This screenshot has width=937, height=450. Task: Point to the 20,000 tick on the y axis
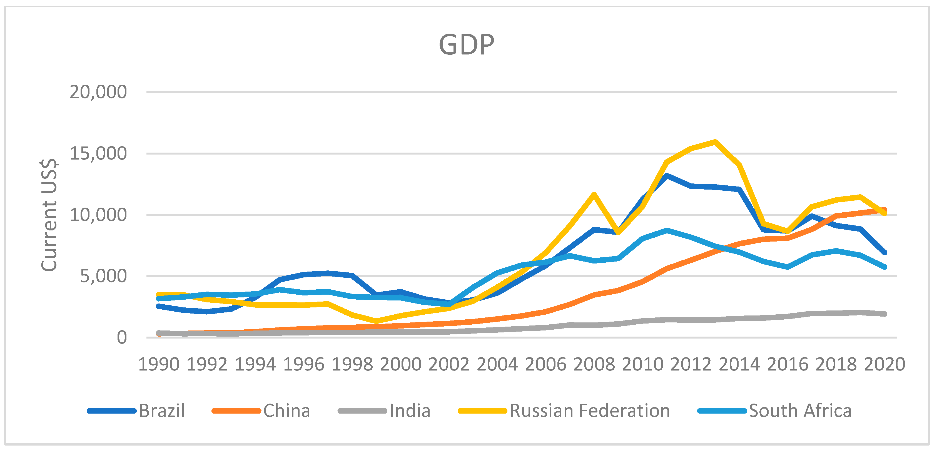coord(98,92)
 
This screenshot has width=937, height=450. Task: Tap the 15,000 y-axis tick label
coord(98,153)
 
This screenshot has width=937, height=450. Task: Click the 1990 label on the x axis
coord(159,364)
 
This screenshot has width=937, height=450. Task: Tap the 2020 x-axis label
coord(884,364)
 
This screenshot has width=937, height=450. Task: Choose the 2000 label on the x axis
coord(400,364)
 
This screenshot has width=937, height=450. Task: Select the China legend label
coord(286,411)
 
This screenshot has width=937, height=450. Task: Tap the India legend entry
coord(410,411)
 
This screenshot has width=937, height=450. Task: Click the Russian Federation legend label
coord(590,411)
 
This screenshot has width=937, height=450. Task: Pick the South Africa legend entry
coord(800,411)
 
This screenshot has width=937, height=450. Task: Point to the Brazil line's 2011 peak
coord(667,175)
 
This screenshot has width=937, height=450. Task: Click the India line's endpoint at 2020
coord(884,314)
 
